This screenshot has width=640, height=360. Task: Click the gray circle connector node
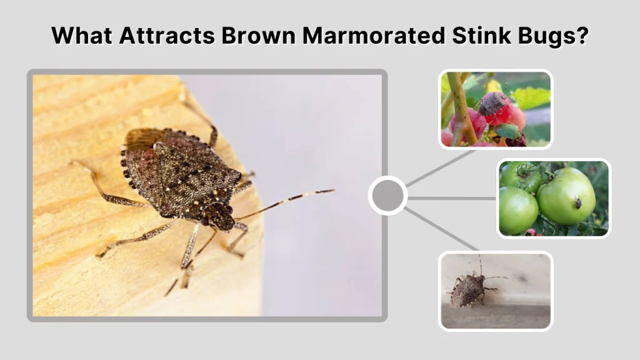pyautogui.click(x=387, y=196)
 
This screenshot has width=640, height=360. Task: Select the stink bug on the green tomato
pyautogui.click(x=578, y=203)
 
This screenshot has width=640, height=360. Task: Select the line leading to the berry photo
pyautogui.click(x=441, y=167)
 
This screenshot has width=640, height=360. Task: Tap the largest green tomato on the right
pyautogui.click(x=566, y=195)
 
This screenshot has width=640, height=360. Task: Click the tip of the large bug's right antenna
pyautogui.click(x=332, y=191)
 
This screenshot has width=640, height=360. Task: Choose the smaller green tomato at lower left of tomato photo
pyautogui.click(x=518, y=210)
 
